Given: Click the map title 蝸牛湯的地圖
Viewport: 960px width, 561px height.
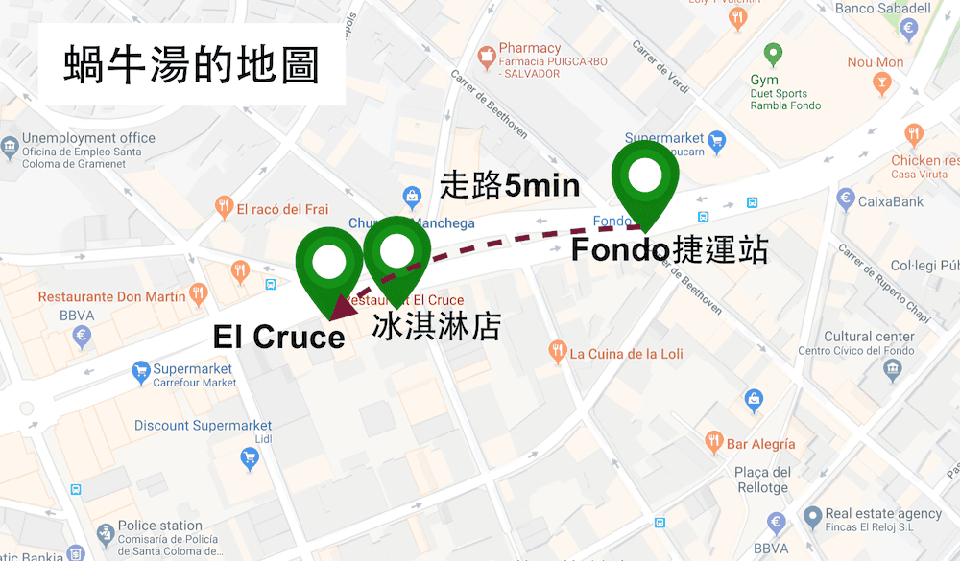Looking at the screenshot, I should tap(191, 65).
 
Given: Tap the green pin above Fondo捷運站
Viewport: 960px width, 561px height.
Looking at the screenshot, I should tap(645, 178).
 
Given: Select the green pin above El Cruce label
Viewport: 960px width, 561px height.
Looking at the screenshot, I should tap(328, 261).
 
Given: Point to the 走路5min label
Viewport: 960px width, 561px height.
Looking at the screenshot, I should tap(509, 184).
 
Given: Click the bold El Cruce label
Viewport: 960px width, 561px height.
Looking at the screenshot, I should tap(278, 337).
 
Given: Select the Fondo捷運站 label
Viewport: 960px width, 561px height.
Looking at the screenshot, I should tap(669, 250).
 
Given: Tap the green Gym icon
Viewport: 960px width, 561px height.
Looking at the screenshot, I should tap(770, 54).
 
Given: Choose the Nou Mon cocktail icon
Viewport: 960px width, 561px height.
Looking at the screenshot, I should tap(881, 84).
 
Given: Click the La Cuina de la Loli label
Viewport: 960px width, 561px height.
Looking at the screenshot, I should tap(626, 354).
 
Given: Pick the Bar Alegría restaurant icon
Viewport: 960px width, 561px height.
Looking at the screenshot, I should tap(713, 442).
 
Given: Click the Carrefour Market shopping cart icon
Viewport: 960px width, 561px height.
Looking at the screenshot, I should tap(141, 370).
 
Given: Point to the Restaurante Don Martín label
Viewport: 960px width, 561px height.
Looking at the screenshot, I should tap(111, 297).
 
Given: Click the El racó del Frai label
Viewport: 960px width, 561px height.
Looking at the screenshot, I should tap(282, 209).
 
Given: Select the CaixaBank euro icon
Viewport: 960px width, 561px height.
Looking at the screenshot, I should tap(846, 199).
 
